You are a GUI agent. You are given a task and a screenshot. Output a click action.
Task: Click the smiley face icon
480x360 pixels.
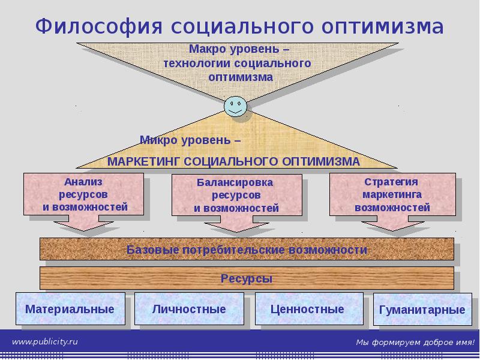235,107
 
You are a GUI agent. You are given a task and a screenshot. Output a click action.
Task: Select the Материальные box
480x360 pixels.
70,309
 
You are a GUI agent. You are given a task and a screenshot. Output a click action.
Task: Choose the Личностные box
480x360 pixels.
189,309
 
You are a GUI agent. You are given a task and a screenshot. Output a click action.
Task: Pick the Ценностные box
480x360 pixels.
307,309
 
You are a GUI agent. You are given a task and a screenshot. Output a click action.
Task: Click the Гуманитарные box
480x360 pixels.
422,310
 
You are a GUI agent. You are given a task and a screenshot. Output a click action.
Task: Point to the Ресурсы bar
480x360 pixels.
246,278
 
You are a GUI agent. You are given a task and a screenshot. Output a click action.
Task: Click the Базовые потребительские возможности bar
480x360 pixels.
246,249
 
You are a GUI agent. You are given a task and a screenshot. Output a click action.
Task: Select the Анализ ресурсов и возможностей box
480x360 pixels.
84,194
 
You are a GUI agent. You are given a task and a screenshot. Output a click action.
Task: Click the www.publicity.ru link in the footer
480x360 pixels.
46,341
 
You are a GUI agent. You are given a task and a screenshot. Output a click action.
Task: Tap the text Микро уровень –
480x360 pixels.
190,140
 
